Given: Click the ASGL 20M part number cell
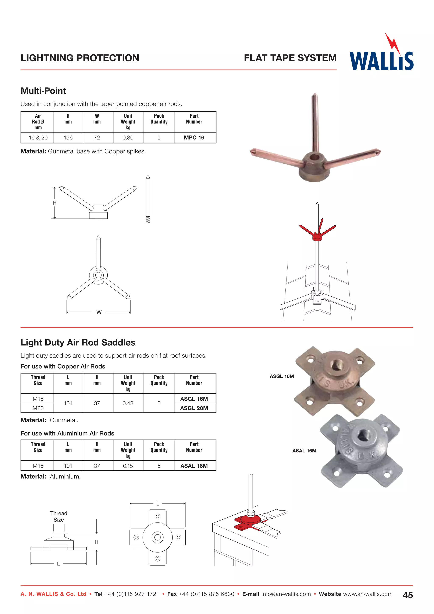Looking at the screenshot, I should click(x=194, y=408).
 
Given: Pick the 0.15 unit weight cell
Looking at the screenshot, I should click(x=128, y=466).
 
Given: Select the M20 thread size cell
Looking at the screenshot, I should click(x=38, y=408).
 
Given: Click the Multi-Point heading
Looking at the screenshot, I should click(x=43, y=91).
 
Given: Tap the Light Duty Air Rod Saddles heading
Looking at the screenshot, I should click(x=78, y=343).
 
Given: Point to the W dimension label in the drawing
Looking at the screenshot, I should click(x=99, y=312).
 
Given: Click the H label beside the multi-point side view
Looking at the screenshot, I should click(x=54, y=203).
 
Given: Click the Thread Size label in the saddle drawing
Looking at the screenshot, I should click(x=58, y=516).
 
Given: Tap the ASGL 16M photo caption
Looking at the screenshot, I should click(x=282, y=376).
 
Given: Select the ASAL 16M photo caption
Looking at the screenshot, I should click(x=304, y=451).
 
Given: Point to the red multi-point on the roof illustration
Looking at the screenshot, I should click(x=317, y=235).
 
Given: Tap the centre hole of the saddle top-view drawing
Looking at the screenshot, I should click(x=157, y=537).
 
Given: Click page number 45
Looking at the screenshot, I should click(x=408, y=595).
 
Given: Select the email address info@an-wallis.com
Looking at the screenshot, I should click(x=286, y=594).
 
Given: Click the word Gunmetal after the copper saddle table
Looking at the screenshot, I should click(x=64, y=420).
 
